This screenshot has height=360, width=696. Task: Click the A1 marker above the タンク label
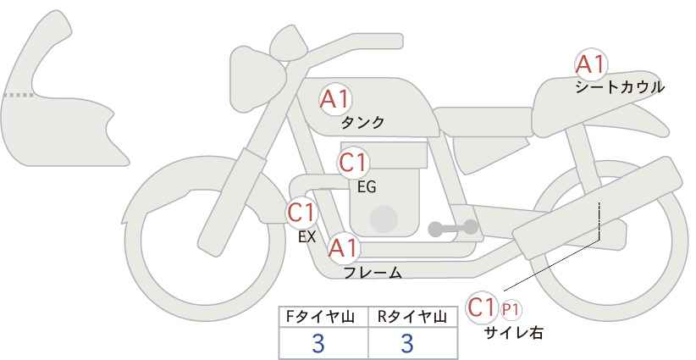tap(335, 99)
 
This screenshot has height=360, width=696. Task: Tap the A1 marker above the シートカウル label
tap(591, 64)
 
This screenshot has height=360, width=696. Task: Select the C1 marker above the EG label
tap(353, 163)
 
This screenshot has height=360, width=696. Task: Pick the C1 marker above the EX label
tap(301, 213)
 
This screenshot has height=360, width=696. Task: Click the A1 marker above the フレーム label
tap(343, 248)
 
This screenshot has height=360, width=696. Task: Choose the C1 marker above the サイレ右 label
tap(482, 307)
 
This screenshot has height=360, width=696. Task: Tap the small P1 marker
tap(511, 310)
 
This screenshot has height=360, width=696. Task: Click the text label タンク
tap(362, 123)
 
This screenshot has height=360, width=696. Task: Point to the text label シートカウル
tap(620, 87)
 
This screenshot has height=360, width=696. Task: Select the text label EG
tap(367, 187)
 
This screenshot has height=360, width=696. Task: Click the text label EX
tap(307, 237)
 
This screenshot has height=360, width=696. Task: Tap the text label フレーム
tap(373, 272)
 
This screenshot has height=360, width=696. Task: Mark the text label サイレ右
tap(514, 333)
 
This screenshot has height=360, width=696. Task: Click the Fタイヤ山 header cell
tap(323, 317)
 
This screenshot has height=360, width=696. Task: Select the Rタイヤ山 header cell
tap(413, 317)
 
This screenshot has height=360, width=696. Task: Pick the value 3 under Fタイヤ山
tap(318, 343)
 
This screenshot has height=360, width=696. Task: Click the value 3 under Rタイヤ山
tap(407, 343)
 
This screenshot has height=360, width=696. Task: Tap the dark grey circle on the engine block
tap(384, 219)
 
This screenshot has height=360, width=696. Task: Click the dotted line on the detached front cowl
tap(18, 95)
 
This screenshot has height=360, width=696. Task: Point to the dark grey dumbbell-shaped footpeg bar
tap(453, 228)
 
